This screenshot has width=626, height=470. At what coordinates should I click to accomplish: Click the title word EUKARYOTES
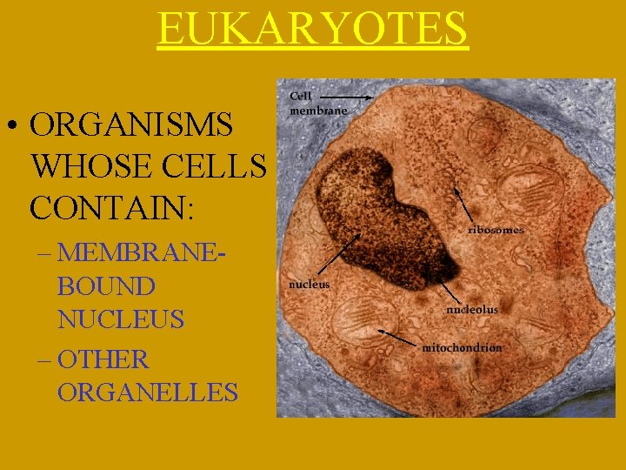[x=312, y=29]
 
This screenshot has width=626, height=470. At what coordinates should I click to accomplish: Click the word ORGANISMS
[x=130, y=125]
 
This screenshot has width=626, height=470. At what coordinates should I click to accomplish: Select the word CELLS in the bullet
[x=216, y=166]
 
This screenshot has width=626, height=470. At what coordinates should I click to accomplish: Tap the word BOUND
[x=106, y=286]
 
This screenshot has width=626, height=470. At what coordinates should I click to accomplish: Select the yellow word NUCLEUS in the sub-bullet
[x=121, y=319]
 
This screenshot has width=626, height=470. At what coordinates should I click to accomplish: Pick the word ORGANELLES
[x=148, y=392]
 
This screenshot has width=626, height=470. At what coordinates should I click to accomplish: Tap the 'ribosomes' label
[x=496, y=230]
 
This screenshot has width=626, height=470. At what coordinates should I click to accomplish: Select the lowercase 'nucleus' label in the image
[x=309, y=284]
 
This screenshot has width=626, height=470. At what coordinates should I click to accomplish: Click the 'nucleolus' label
[x=472, y=309]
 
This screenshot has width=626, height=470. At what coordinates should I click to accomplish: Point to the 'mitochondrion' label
[x=462, y=347]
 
